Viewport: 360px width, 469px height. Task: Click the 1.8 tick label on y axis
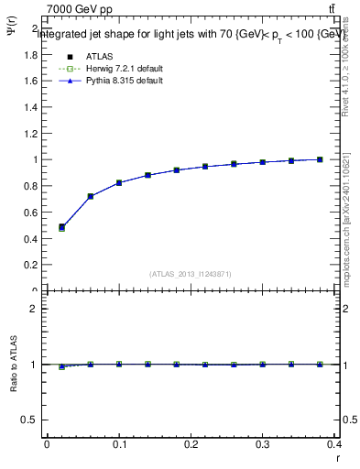coord(30,54)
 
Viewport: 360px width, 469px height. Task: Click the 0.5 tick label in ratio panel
coord(30,420)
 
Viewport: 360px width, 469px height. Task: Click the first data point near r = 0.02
coord(61,227)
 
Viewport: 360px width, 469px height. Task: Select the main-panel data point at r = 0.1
coord(119,182)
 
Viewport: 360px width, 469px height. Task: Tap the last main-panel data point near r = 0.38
coord(320,159)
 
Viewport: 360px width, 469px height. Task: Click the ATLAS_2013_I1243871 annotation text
coord(191,274)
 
